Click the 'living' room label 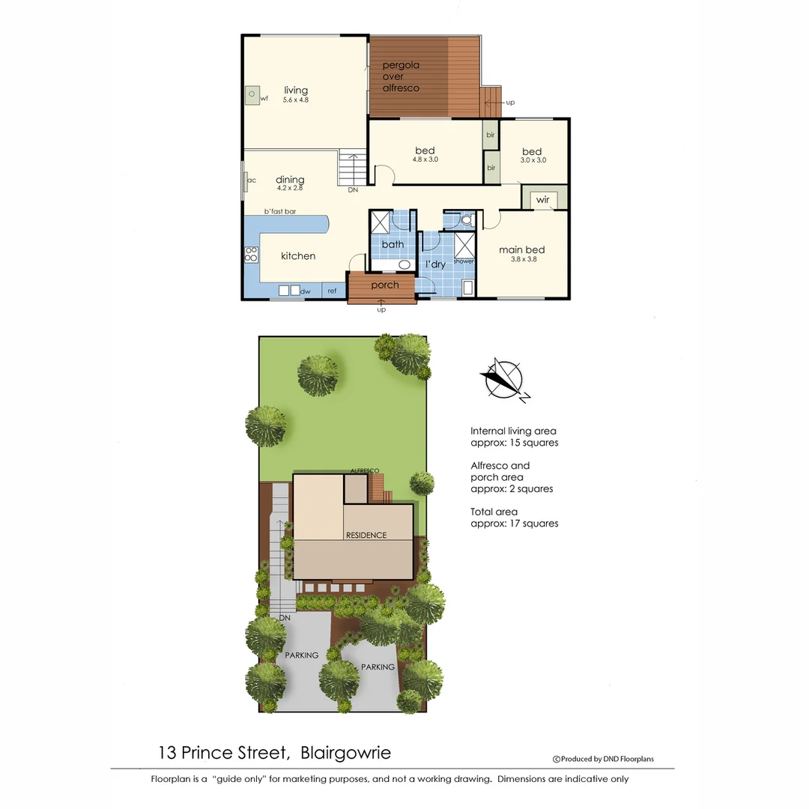296,91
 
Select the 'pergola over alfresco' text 401,76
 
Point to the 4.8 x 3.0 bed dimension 425,160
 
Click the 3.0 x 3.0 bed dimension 533,160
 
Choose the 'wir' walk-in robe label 542,200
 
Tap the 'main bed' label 521,250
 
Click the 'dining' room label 290,180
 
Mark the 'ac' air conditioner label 252,180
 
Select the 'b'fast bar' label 279,212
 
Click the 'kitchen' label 298,256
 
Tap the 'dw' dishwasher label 305,291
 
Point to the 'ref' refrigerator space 332,291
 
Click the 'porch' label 385,285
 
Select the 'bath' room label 393,244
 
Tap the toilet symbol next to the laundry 467,220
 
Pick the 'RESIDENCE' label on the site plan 366,535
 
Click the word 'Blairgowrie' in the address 345,752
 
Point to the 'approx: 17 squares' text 514,524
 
